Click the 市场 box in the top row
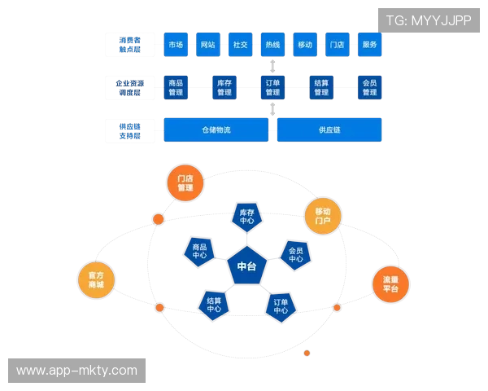click(175, 45)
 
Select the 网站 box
click(207, 45)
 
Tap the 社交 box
click(240, 45)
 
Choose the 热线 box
click(272, 45)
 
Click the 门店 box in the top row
click(338, 45)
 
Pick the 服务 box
click(370, 45)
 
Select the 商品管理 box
click(175, 87)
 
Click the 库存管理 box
click(224, 87)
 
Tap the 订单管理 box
click(272, 87)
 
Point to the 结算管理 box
click(321, 87)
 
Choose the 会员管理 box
click(370, 87)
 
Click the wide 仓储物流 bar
click(216, 130)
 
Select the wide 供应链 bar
click(330, 130)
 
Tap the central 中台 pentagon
click(246, 267)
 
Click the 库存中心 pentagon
click(247, 216)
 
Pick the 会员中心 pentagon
click(295, 255)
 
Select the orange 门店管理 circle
click(185, 183)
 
